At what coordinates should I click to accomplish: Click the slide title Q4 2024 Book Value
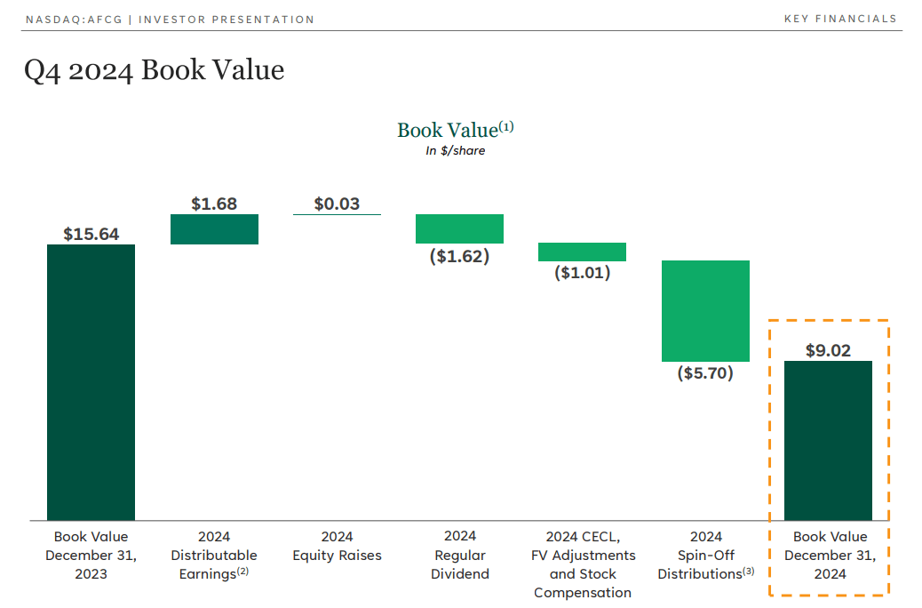[155, 70]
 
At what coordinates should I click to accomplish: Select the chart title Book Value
[448, 130]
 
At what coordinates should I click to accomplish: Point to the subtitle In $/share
[455, 150]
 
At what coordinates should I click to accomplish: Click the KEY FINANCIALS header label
[840, 20]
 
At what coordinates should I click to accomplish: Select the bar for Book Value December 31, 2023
[91, 382]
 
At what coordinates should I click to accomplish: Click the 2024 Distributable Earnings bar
[214, 229]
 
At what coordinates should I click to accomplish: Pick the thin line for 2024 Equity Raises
[337, 214]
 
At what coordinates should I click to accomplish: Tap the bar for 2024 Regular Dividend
[459, 228]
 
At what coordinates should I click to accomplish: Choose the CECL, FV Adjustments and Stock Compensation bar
[582, 252]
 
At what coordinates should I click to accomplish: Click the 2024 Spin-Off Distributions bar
[705, 311]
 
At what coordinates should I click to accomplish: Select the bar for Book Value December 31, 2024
[828, 440]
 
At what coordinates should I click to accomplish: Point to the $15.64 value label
[91, 234]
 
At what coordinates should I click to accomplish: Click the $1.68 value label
[214, 204]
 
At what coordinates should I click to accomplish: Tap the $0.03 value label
[337, 204]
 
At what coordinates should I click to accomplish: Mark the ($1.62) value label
[459, 256]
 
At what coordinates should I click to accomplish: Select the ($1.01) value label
[582, 273]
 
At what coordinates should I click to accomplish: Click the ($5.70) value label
[705, 373]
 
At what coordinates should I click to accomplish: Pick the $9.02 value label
[828, 350]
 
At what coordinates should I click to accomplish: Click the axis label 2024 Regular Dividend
[459, 555]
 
